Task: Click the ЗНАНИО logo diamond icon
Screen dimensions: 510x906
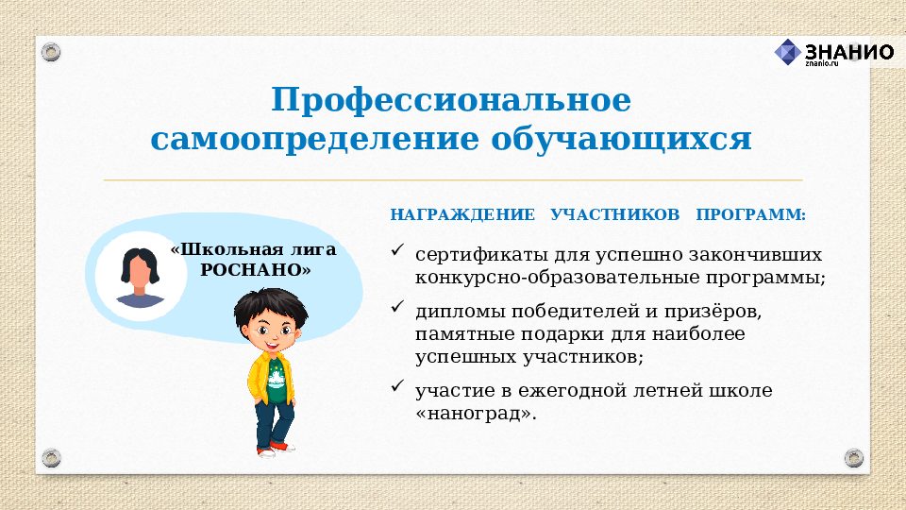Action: point(788,52)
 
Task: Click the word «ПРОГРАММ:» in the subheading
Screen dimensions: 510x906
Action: point(751,214)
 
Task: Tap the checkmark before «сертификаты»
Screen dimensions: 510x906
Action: point(397,252)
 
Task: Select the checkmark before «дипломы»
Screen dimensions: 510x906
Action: point(397,307)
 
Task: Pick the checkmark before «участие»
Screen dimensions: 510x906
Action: point(397,386)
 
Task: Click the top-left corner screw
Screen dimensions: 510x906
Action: point(51,51)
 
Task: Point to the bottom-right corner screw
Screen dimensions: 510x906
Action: point(854,458)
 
